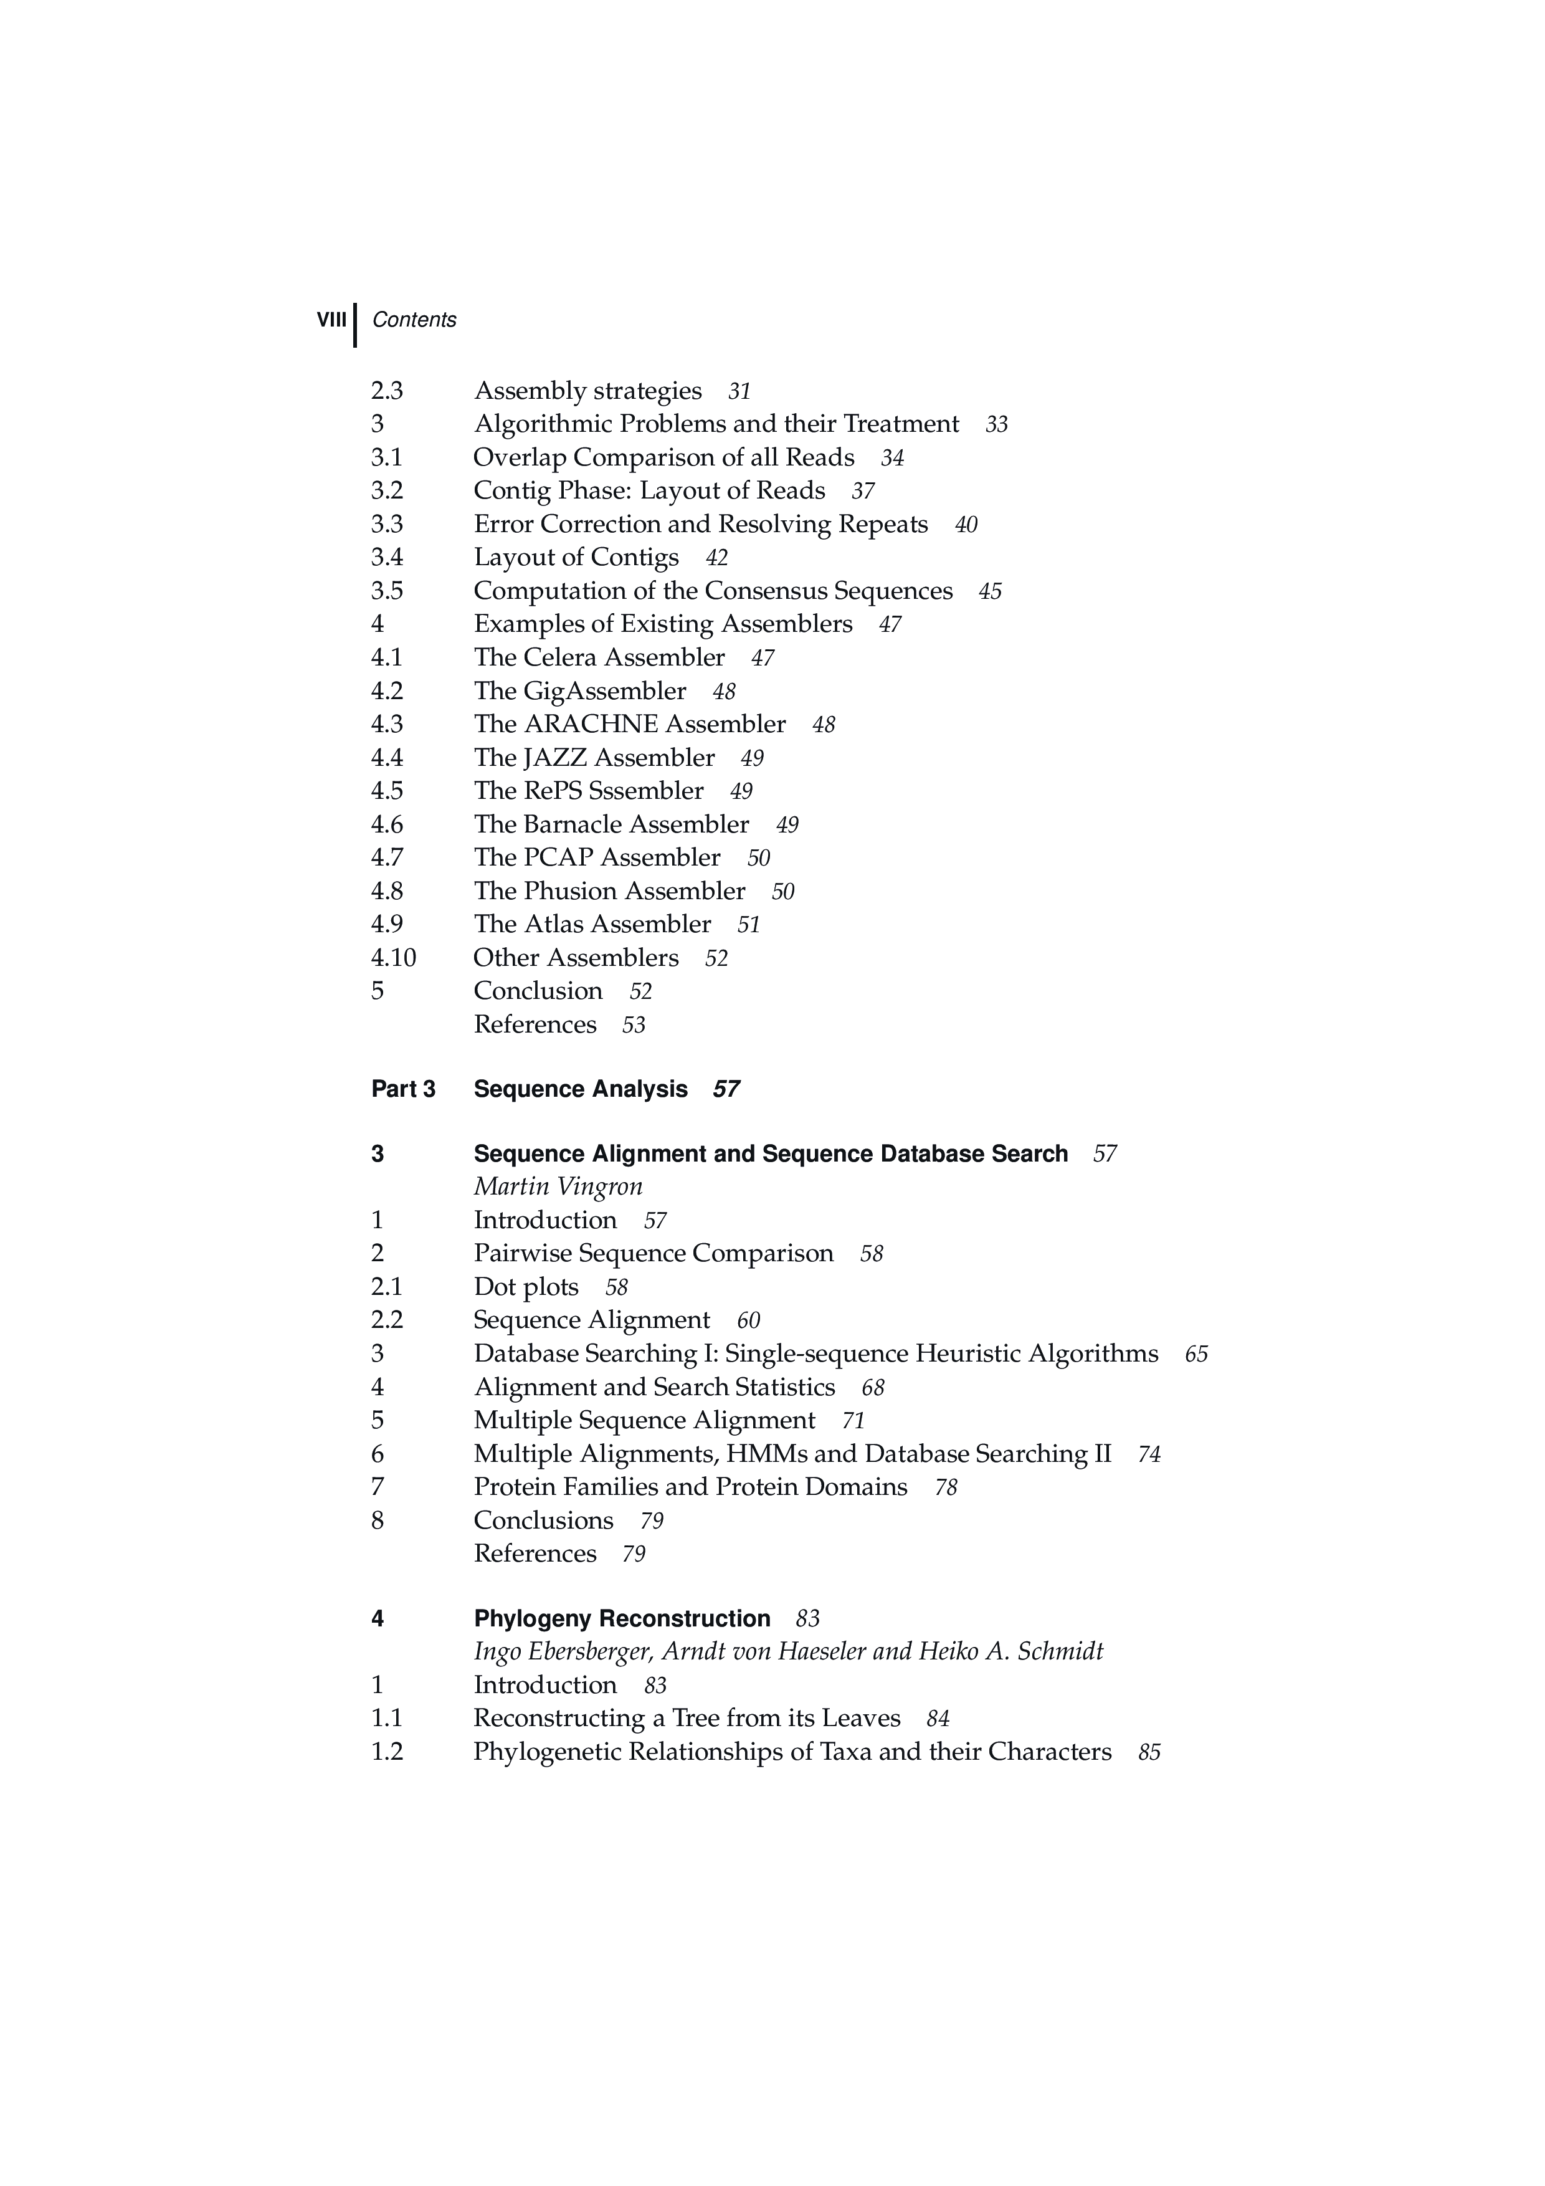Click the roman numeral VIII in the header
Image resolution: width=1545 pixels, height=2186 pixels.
tap(331, 320)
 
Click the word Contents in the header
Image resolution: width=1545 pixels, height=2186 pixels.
tap(414, 320)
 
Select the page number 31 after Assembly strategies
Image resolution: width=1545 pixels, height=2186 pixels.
tap(739, 391)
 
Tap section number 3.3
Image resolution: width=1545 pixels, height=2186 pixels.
tap(386, 525)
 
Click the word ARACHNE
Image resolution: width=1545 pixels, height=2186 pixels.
tap(590, 725)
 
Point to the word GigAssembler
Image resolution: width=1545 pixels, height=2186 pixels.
tap(604, 691)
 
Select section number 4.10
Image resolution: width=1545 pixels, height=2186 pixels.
tap(393, 958)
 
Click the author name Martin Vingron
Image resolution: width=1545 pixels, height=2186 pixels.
tap(558, 1187)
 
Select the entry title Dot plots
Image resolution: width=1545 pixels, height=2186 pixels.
tap(526, 1287)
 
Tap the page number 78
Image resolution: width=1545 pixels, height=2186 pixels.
tap(945, 1487)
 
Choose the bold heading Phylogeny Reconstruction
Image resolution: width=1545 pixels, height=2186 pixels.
tap(622, 1618)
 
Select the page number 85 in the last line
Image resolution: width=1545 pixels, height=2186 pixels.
tap(1149, 1753)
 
